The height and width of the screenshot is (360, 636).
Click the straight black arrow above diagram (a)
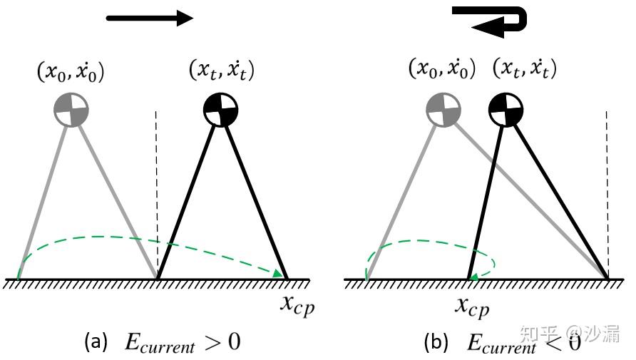150,18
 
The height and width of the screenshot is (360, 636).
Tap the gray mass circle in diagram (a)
72,109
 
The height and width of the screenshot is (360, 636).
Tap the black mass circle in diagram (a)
220,109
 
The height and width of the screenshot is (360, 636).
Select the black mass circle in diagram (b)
506,109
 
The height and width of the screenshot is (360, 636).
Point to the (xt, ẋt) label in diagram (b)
525,68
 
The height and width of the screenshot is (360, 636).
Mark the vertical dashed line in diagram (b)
607,185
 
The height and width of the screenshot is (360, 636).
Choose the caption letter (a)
96,342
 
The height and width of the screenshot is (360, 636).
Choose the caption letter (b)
436,342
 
